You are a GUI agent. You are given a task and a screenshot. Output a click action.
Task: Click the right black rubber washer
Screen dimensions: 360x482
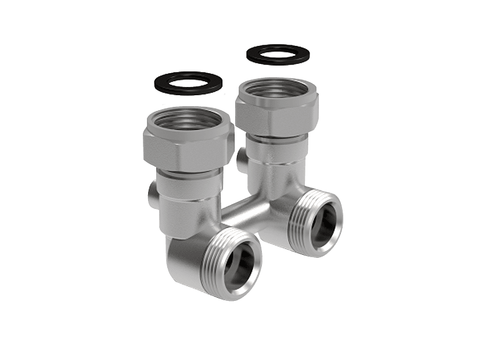256,55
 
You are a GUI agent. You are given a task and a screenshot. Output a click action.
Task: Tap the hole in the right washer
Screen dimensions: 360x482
278,55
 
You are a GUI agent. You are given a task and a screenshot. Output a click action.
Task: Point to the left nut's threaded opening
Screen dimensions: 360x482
189,113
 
